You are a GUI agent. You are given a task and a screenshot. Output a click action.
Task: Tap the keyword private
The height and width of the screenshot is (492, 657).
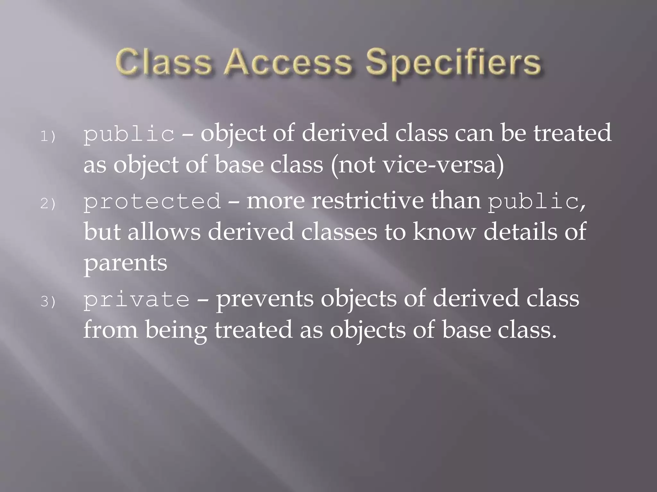point(137,299)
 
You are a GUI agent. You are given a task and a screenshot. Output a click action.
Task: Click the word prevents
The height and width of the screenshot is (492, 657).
point(265,299)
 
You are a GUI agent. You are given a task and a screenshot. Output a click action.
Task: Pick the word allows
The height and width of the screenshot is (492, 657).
point(164,232)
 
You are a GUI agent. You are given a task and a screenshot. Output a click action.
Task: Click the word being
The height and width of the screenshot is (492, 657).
point(176,331)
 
